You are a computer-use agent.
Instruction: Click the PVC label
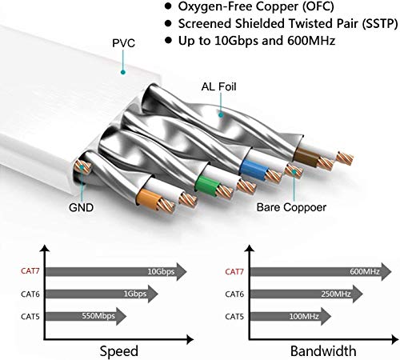coord(123,43)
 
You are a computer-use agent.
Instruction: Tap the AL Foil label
coord(218,86)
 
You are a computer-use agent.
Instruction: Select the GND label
coord(81,207)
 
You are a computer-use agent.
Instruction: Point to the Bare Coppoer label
coord(291,207)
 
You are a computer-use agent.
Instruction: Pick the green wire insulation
coord(206,185)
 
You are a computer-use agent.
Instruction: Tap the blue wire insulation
coord(253,168)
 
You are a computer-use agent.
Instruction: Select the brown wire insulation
coord(306,155)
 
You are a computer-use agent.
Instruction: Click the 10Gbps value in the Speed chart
coord(161,272)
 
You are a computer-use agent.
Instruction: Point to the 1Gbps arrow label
coord(135,294)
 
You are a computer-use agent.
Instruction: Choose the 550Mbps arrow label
coord(98,316)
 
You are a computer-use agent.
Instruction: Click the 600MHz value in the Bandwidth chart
coord(365,272)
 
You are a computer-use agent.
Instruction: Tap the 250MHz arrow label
coord(336,294)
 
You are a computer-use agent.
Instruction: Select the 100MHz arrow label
coord(304,317)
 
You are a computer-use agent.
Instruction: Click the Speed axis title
coord(119,351)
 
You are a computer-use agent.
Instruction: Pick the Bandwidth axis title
coord(323,351)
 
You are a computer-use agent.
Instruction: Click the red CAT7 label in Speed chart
coord(30,271)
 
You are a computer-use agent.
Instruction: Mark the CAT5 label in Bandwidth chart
coord(234,317)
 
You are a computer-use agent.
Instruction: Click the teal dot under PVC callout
coord(123,72)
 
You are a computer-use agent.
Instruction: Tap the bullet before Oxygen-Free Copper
coord(168,6)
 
